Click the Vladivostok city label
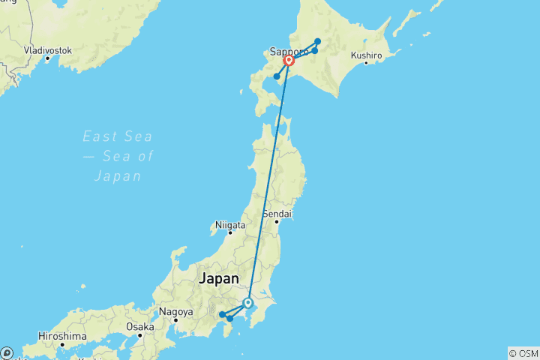(47, 49)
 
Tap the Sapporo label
(288, 52)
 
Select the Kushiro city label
(367, 55)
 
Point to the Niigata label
(230, 224)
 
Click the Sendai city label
(277, 214)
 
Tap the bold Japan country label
(218, 279)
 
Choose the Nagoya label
(175, 311)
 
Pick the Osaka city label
(140, 327)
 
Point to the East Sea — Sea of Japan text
(118, 156)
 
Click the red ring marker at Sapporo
(289, 61)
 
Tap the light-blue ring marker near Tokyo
(248, 303)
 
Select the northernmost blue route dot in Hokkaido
(318, 41)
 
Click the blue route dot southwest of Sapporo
(277, 76)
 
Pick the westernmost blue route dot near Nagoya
(222, 314)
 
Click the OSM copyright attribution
(523, 353)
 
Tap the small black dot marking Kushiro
(366, 63)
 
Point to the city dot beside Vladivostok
(47, 58)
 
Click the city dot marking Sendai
(277, 221)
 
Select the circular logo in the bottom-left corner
(7, 352)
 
